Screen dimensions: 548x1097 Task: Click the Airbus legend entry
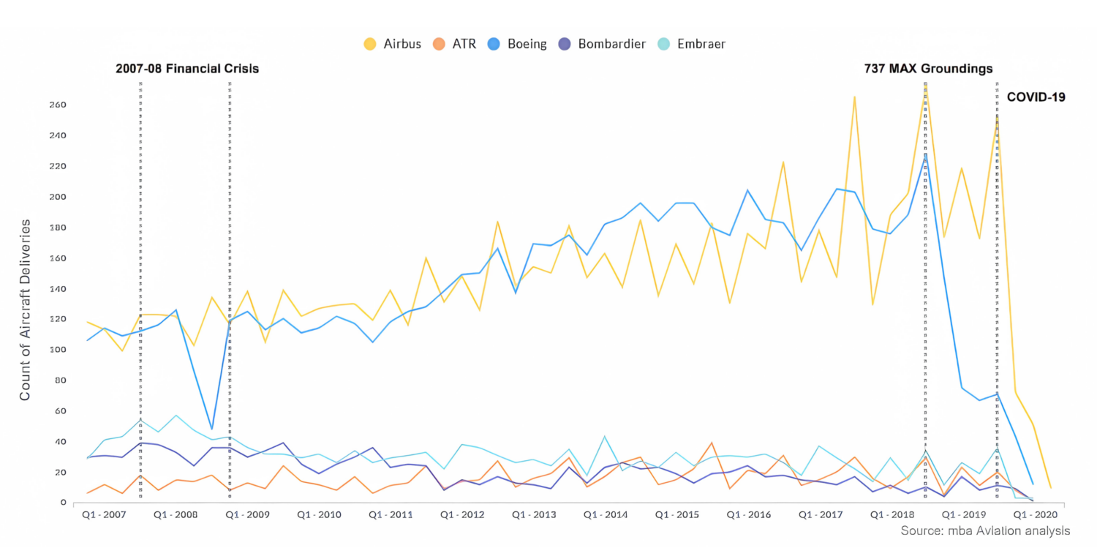[x=393, y=44]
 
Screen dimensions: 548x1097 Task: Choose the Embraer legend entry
[x=690, y=44]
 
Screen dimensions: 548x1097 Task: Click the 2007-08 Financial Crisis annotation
[x=187, y=69]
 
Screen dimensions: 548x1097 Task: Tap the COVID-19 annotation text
[x=1036, y=97]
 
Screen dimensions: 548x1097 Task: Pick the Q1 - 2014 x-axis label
[x=606, y=515]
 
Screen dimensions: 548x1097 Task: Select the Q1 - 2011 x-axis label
[x=392, y=515]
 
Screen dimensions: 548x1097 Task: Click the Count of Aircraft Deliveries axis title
[x=26, y=309]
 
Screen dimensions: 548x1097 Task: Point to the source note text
[x=985, y=530]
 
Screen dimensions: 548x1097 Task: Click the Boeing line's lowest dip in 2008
[x=211, y=429]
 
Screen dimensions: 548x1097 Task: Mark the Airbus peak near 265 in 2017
[x=854, y=97]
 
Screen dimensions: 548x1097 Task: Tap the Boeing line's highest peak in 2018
[x=925, y=154]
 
